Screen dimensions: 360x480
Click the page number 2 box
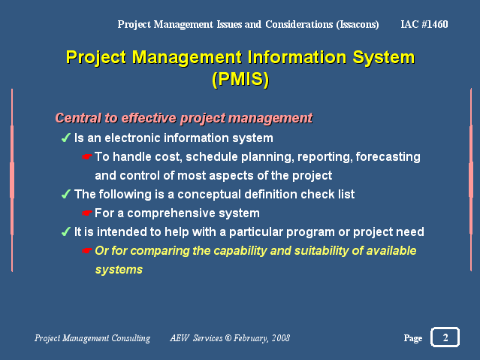point(445,337)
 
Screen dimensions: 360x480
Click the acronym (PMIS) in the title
point(240,77)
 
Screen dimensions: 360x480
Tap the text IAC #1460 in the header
point(425,24)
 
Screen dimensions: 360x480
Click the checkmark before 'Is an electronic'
point(65,138)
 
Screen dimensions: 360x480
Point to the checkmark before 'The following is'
point(65,194)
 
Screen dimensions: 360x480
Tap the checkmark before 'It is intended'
point(65,231)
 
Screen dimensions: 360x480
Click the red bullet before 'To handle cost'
point(86,157)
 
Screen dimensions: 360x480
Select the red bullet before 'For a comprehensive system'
point(86,213)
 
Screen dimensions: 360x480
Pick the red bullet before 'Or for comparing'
point(86,250)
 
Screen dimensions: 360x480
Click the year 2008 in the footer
point(279,338)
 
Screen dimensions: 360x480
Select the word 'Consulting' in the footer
point(131,338)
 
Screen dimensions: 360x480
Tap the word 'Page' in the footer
point(412,338)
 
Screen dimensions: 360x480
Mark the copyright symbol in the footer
point(228,338)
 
